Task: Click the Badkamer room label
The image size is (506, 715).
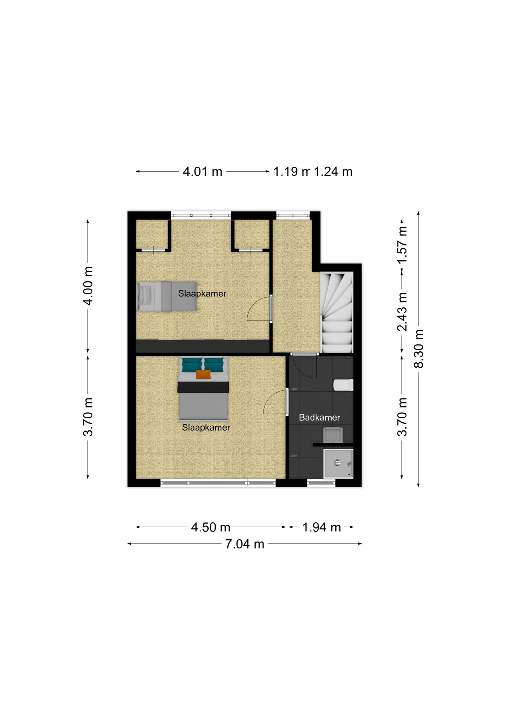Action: click(x=319, y=417)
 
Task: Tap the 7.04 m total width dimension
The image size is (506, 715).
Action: click(x=244, y=544)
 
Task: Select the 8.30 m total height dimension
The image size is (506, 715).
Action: click(x=419, y=349)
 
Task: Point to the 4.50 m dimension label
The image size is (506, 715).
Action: click(x=211, y=527)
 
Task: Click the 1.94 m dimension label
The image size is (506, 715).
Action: click(x=322, y=527)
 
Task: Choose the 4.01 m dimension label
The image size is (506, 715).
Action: click(x=202, y=172)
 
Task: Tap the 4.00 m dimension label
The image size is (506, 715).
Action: click(x=88, y=286)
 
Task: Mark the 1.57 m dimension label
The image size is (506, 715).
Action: click(x=402, y=245)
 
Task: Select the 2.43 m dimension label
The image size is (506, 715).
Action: click(x=402, y=312)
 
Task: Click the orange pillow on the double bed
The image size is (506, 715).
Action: click(x=203, y=374)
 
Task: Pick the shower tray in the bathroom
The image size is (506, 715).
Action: click(x=338, y=464)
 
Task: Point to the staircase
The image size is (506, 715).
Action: click(x=337, y=312)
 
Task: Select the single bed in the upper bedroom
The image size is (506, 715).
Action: click(x=167, y=296)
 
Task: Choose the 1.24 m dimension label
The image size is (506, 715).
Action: click(x=333, y=172)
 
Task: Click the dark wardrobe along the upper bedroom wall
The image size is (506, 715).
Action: click(x=203, y=346)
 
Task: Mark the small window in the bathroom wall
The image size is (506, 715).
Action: click(x=321, y=483)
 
